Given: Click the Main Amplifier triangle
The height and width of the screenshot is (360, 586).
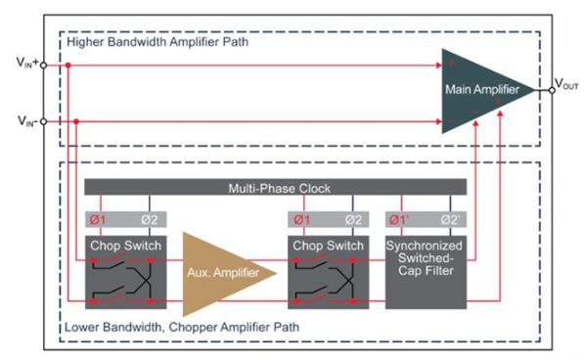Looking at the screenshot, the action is click(x=482, y=91).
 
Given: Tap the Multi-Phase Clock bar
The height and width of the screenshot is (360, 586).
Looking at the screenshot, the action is click(x=276, y=187).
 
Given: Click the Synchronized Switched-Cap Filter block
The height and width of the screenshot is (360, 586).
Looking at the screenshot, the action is click(x=426, y=272).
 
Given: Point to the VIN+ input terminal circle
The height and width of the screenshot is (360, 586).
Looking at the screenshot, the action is click(x=43, y=66).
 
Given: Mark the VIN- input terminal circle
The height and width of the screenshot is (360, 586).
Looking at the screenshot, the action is click(x=43, y=122).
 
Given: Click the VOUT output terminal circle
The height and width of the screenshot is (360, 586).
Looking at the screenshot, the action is click(x=552, y=90).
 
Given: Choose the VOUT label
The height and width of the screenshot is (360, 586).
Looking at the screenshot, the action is click(x=566, y=84).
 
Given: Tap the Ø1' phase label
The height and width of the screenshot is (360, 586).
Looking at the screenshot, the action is click(x=399, y=220).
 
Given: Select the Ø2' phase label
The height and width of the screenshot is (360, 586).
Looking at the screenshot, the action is click(x=451, y=220).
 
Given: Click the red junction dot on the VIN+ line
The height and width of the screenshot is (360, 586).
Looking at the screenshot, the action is click(x=68, y=66).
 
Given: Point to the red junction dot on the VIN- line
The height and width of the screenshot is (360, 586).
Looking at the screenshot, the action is click(x=76, y=122).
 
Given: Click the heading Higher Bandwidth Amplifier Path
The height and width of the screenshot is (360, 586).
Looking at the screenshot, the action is click(x=158, y=41).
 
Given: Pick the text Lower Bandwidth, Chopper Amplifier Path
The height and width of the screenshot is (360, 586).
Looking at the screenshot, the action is click(x=182, y=327).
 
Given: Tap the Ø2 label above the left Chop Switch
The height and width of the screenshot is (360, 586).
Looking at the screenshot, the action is click(x=150, y=220).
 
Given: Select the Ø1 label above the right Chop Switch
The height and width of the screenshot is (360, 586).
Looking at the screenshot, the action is click(x=302, y=220).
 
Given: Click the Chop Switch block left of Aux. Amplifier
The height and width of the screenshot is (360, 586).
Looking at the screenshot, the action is click(x=126, y=272).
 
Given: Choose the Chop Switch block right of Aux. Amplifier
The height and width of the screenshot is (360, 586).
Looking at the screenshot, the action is click(x=329, y=272).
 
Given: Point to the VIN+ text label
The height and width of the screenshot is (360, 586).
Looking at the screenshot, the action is click(x=27, y=62).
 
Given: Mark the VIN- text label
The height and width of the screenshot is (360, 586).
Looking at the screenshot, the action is click(x=27, y=121).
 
